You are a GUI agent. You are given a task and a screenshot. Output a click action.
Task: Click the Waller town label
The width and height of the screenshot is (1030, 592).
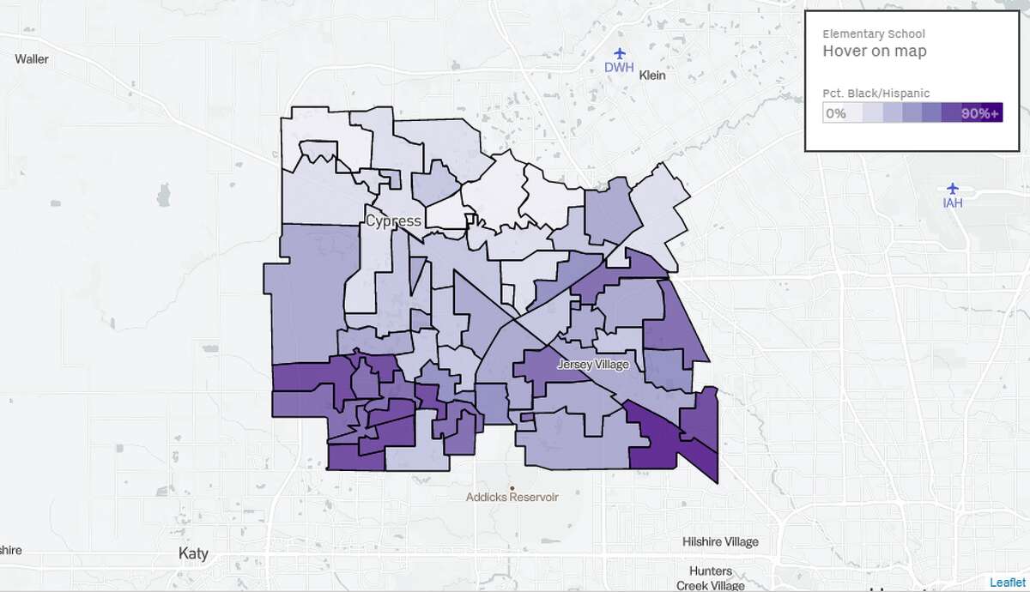click(32, 59)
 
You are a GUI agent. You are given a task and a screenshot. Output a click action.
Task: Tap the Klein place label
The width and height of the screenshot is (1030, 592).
click(652, 75)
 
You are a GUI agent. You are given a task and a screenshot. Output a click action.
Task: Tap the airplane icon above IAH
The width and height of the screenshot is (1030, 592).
click(952, 188)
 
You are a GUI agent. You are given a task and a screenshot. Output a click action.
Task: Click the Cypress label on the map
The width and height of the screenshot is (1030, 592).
click(393, 220)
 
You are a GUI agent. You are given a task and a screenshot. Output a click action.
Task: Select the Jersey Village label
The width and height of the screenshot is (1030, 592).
click(593, 365)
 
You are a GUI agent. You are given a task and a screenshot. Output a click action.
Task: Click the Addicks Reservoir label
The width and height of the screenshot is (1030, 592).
click(512, 497)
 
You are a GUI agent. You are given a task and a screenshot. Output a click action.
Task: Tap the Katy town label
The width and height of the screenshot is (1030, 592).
click(193, 553)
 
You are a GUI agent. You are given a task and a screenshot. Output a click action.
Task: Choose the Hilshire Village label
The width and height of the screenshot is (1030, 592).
click(720, 541)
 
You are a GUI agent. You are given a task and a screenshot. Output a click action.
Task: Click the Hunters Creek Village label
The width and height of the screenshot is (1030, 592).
click(709, 577)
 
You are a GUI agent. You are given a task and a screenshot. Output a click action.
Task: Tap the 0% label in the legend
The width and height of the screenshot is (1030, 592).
click(836, 113)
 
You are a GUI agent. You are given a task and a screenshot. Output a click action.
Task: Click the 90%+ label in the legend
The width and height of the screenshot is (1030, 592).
click(980, 113)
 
